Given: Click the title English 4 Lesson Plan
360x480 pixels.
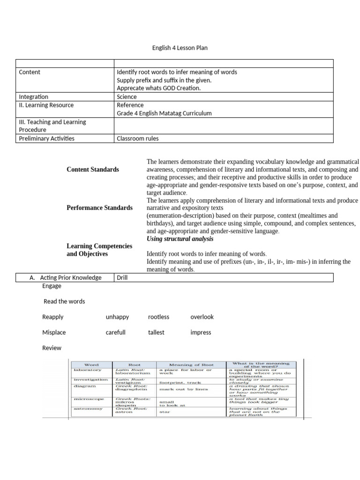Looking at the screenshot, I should pyautogui.click(x=180, y=47).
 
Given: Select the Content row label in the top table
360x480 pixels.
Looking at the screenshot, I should pyautogui.click(x=30, y=72).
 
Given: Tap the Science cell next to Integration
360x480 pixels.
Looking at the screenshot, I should pyautogui.click(x=127, y=97).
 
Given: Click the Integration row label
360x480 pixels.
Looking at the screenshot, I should pyautogui.click(x=33, y=97).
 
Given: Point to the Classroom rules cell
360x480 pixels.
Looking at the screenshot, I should pyautogui.click(x=137, y=138).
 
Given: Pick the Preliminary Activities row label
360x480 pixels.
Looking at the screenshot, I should pyautogui.click(x=46, y=138).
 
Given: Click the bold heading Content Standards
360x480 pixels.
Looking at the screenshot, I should pyautogui.click(x=92, y=170).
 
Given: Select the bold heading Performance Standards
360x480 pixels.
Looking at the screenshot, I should pyautogui.click(x=99, y=208).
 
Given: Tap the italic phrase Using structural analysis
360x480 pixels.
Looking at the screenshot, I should pyautogui.click(x=180, y=239).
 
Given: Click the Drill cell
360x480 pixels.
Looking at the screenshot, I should pyautogui.click(x=122, y=277).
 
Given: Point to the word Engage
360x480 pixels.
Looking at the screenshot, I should pyautogui.click(x=52, y=286).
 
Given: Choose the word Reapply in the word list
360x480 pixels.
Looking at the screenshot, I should pyautogui.click(x=52, y=317).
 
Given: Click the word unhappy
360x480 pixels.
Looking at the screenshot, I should pyautogui.click(x=117, y=317).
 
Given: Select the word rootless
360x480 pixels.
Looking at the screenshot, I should pyautogui.click(x=158, y=317).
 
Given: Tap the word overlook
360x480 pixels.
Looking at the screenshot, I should pyautogui.click(x=202, y=317).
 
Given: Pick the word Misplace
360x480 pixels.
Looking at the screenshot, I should pyautogui.click(x=54, y=332).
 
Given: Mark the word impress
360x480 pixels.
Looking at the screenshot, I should pyautogui.click(x=201, y=332).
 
